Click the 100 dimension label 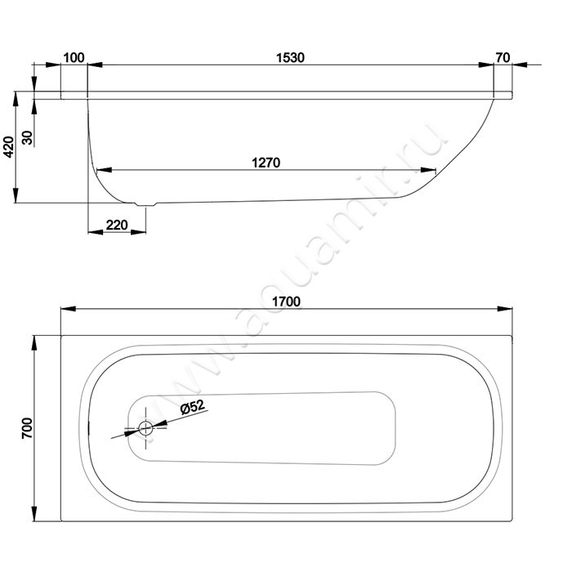(74, 58)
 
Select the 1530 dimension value (290, 58)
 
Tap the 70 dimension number (503, 58)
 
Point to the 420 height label (9, 147)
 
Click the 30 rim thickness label (28, 137)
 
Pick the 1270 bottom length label (266, 163)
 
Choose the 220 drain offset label (117, 225)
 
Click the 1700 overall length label (286, 302)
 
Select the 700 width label (27, 428)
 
